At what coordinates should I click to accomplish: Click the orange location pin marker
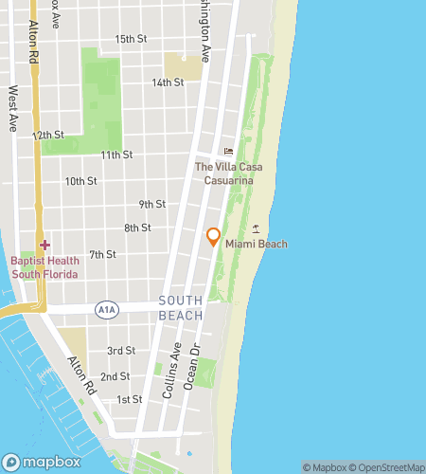click(x=214, y=236)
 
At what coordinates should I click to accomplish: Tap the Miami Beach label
click(x=256, y=245)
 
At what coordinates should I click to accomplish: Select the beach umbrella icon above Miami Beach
click(x=256, y=229)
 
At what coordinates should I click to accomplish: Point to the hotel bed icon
click(x=227, y=152)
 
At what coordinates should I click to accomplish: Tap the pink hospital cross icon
click(x=44, y=245)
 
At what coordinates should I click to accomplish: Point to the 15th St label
click(x=132, y=39)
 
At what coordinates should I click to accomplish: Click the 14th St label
click(x=168, y=82)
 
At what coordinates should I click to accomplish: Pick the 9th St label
click(x=151, y=204)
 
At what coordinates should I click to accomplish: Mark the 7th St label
click(x=102, y=254)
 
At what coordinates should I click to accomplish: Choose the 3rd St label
click(x=120, y=351)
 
